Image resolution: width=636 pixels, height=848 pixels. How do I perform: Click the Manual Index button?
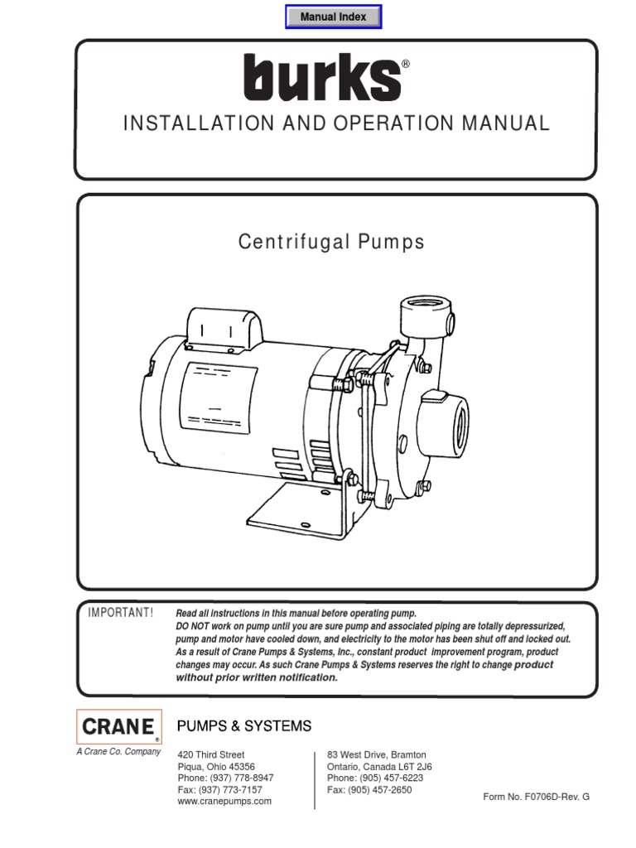click(333, 17)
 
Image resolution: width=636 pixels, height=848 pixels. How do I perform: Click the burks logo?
click(322, 77)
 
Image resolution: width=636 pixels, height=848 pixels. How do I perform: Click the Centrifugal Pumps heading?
click(331, 243)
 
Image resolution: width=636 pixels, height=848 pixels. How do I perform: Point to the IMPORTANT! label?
click(121, 612)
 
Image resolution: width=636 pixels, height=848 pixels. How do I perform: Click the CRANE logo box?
click(118, 727)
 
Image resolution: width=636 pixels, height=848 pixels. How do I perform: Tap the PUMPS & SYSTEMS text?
click(244, 726)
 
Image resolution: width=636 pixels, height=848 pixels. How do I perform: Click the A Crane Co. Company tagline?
click(119, 752)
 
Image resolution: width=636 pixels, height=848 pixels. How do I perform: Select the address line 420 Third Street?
click(211, 755)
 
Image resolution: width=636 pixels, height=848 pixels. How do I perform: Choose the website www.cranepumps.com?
click(224, 802)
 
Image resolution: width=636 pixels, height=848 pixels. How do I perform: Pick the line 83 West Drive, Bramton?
click(377, 755)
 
